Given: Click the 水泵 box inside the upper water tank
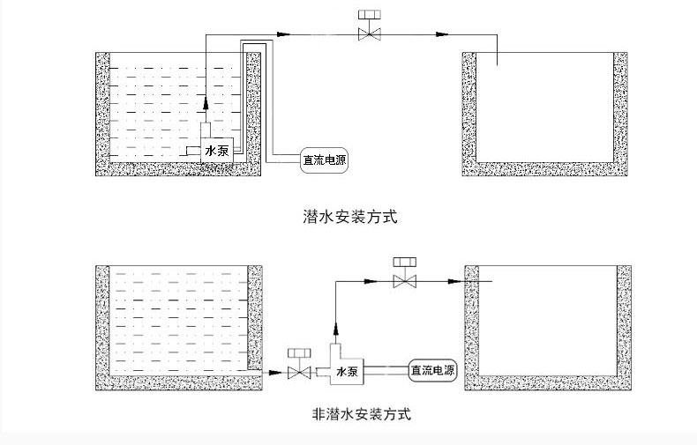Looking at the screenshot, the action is (x=217, y=150).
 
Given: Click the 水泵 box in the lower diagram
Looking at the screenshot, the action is (x=347, y=371).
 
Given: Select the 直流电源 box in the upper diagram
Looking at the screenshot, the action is (x=325, y=159).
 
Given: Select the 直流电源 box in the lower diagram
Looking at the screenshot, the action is (x=432, y=370).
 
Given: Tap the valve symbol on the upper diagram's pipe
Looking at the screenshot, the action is (x=370, y=33).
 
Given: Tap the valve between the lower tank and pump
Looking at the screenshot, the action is (x=299, y=372).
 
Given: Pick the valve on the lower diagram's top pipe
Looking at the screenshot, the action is (x=404, y=281).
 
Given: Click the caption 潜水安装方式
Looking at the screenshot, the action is (x=350, y=217).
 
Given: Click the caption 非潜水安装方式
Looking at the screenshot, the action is (x=362, y=414).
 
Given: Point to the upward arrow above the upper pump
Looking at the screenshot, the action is (x=206, y=102).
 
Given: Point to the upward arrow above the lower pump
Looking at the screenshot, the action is (x=335, y=329).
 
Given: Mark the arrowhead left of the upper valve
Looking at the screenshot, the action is (x=283, y=33).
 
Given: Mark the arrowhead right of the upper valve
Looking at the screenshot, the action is (x=442, y=33).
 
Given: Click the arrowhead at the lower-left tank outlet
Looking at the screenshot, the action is (x=276, y=372).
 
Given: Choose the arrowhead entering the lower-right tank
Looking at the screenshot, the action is (x=454, y=281).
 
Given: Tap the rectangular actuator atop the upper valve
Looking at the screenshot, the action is (x=370, y=15).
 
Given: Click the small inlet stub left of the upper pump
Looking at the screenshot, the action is (x=193, y=151).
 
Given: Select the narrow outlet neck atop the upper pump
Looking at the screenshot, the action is (x=206, y=130).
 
